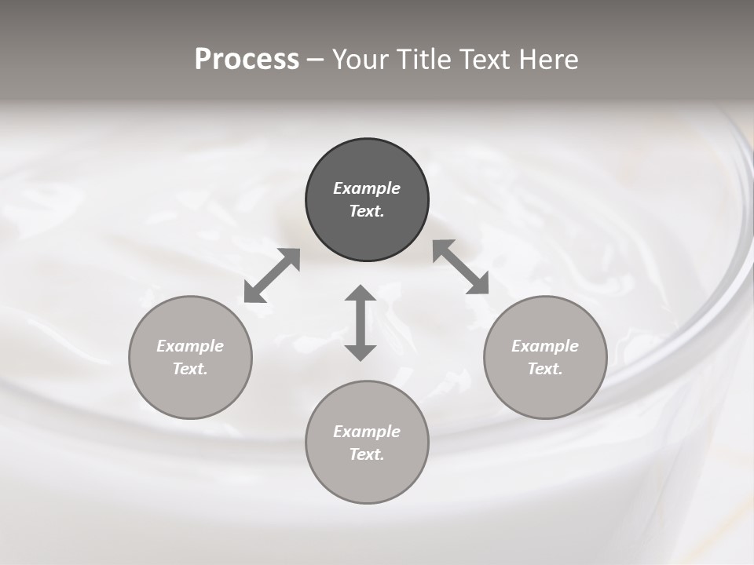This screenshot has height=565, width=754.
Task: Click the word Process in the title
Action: tap(247, 60)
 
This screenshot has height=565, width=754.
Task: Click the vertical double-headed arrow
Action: tap(361, 323)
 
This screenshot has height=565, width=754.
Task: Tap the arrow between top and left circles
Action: tap(272, 275)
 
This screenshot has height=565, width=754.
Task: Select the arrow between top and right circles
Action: tap(461, 267)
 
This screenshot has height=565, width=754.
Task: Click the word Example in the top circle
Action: tap(367, 188)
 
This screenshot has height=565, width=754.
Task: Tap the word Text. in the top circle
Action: tap(367, 211)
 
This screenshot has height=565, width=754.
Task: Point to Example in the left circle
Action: tap(190, 346)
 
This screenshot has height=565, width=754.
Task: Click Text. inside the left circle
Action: tap(190, 369)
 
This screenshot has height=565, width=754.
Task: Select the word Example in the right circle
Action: tap(545, 346)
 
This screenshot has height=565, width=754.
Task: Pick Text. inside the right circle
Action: tap(545, 369)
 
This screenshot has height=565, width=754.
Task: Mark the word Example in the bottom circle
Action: tap(367, 432)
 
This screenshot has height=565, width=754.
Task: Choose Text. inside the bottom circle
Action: tap(367, 454)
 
